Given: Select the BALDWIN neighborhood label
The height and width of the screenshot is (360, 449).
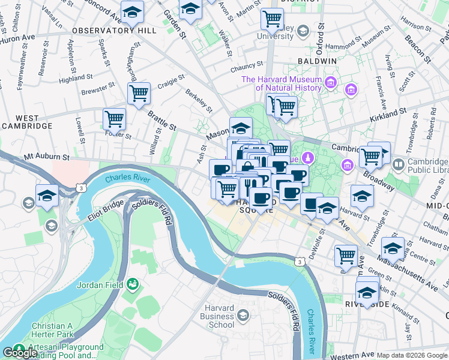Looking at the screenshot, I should (316, 61).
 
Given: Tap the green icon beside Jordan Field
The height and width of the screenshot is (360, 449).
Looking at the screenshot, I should (133, 284).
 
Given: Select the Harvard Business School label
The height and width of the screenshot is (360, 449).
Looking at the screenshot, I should (217, 316).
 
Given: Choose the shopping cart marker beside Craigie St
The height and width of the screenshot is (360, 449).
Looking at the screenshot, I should (139, 93).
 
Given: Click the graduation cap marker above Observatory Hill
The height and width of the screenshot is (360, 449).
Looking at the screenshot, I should (132, 11).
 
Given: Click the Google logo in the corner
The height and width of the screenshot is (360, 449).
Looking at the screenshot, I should (20, 353).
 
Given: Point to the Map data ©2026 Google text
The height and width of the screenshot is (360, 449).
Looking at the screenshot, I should (412, 355).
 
